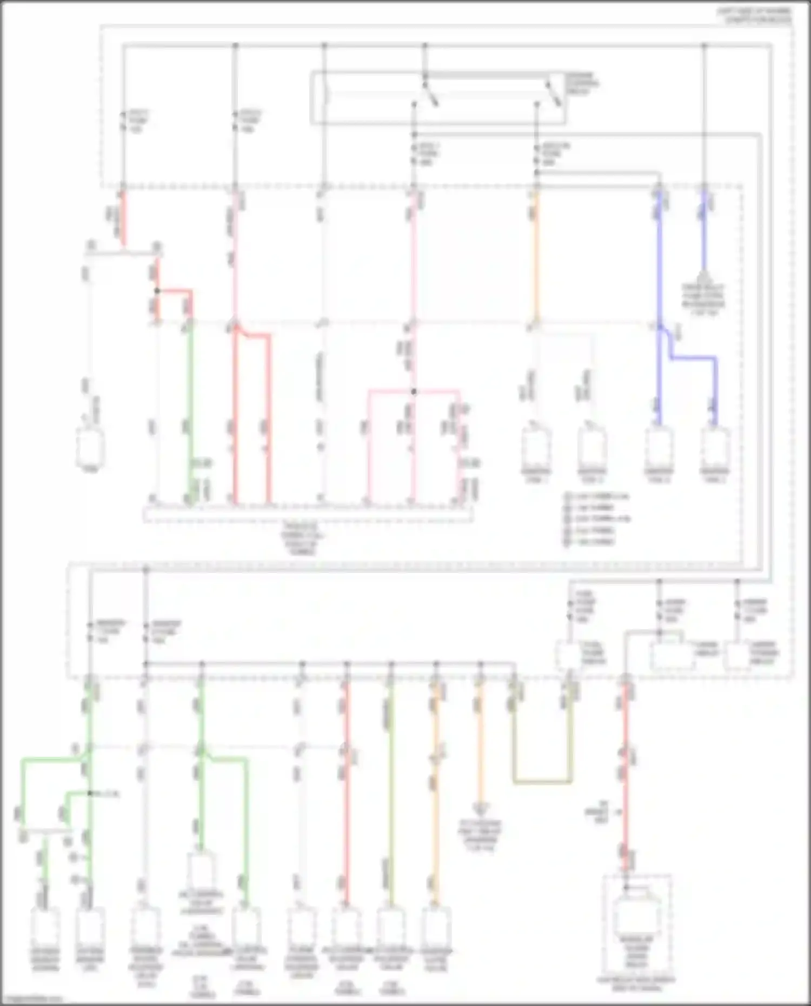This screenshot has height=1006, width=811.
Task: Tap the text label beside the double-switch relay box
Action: pyautogui.click(x=582, y=84)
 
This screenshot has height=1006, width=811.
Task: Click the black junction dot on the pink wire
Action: pyautogui.click(x=414, y=391)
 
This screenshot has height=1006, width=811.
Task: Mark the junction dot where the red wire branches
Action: pyautogui.click(x=157, y=291)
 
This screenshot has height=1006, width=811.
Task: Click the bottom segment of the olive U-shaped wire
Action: pyautogui.click(x=542, y=782)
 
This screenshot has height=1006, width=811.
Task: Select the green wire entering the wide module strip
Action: pyautogui.click(x=190, y=411)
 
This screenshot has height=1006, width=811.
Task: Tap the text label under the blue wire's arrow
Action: pyautogui.click(x=703, y=300)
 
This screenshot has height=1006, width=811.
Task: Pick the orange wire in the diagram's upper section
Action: pyautogui.click(x=536, y=254)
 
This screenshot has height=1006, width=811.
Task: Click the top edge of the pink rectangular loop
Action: pyautogui.click(x=414, y=390)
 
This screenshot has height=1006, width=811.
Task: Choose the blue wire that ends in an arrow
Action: pyautogui.click(x=703, y=232)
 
